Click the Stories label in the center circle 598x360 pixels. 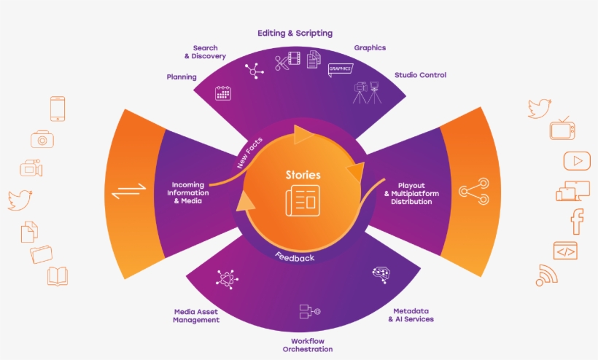coord(303,175)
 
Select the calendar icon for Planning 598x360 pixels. coord(223,93)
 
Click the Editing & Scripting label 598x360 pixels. coord(295,34)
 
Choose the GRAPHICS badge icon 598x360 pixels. coord(340,69)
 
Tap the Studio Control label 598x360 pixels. coord(420,75)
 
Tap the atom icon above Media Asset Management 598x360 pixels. coord(224,278)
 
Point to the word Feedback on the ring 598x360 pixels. coord(295,257)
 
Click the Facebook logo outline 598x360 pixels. coord(577,221)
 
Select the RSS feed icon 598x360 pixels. coord(545,275)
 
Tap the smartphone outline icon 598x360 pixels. coord(58,109)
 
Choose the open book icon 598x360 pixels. coord(58,275)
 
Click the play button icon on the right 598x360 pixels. coord(576,160)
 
